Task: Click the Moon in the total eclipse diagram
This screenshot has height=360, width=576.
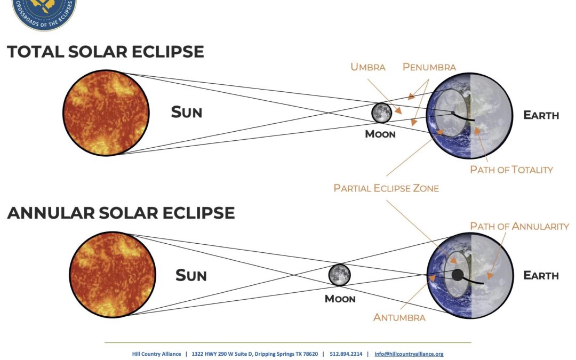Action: point(381,113)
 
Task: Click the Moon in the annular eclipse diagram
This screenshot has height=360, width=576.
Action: point(339,275)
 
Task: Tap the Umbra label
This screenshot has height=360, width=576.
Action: point(367,67)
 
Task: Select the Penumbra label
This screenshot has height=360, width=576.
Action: point(429,67)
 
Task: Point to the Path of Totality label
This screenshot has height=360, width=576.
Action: point(511,170)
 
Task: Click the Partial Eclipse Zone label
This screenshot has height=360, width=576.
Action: point(386,188)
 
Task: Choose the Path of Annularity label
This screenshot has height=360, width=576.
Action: point(519,226)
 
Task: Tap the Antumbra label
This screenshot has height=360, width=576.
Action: point(399,317)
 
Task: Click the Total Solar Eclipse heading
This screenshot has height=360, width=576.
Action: point(106,51)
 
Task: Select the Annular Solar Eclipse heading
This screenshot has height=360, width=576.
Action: point(121,213)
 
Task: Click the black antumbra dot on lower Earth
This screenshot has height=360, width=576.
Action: point(458,275)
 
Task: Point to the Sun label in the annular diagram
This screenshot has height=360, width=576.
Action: point(191,276)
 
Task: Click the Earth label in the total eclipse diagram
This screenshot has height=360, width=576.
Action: point(541,115)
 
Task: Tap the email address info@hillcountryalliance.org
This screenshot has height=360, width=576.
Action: point(409,354)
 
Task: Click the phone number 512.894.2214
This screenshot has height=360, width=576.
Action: point(346,354)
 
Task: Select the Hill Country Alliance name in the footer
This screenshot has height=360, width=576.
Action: point(156,354)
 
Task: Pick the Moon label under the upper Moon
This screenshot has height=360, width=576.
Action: point(380,134)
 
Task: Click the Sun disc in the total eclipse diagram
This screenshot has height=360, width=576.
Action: point(106,113)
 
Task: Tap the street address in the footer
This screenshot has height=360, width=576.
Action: point(254,354)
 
